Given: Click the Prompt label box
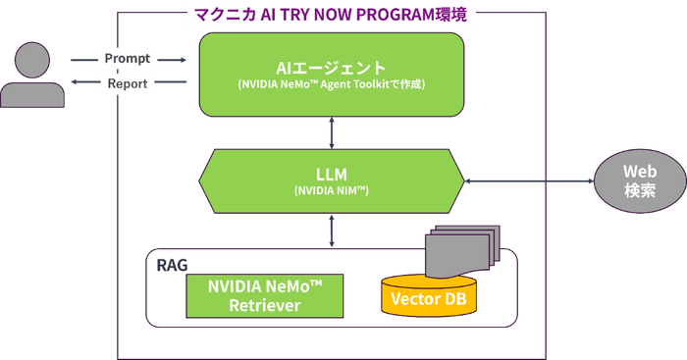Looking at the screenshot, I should click(127, 59).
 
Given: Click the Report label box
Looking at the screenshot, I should click(127, 84).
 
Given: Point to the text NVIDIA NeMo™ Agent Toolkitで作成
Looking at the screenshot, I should click(332, 85).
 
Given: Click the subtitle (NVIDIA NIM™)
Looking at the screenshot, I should click(332, 192).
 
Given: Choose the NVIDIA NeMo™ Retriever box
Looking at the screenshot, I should click(264, 295).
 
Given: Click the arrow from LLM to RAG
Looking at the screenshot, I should click(332, 230).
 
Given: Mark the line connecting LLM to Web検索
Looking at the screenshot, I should click(530, 180).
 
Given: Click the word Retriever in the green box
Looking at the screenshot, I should click(264, 306).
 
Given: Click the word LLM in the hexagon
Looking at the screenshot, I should click(332, 174).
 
